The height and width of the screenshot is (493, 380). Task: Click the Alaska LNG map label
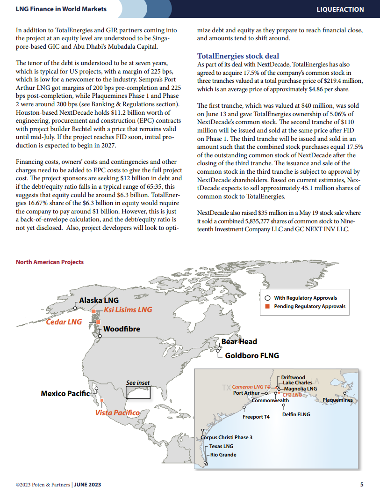coord(99,300)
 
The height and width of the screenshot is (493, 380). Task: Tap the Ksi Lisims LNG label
coord(128,310)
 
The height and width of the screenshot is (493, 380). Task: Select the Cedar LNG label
coord(64,322)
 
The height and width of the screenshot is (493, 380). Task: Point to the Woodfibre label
coord(122,329)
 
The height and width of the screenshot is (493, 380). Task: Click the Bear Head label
coord(239,342)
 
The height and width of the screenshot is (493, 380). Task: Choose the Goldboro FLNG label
coord(251,356)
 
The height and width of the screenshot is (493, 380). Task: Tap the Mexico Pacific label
coord(65,393)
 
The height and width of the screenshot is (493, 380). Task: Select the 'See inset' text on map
coord(138,383)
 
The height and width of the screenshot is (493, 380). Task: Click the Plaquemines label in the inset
coord(337,400)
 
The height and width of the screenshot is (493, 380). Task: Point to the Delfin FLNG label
coord(296,414)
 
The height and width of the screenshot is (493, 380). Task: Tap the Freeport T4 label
coord(256,417)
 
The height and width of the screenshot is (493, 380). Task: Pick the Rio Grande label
coord(223,455)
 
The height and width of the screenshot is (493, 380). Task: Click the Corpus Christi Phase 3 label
coord(227,437)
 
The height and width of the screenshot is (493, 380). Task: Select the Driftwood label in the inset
coord(293,377)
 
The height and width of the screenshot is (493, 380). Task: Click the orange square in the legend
coord(267,306)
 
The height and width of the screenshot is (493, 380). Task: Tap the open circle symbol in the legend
coord(267,298)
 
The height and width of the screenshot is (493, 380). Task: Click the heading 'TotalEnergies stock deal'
coord(238,56)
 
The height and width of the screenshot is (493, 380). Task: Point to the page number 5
coord(362,485)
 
